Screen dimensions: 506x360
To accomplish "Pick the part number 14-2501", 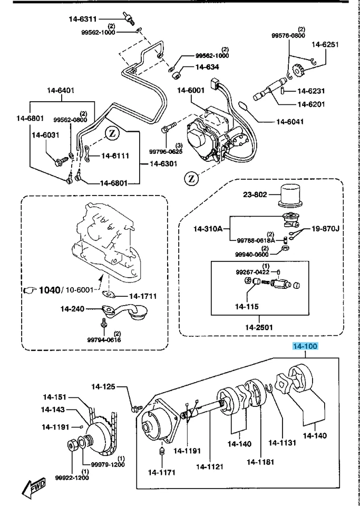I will click(259, 327).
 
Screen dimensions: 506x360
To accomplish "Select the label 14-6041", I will click(291, 122).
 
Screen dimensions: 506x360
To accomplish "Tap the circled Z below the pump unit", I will click(191, 179).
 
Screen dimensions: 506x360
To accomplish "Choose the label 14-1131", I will click(284, 442).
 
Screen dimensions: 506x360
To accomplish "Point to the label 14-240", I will click(73, 309).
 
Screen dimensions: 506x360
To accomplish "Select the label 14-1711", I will click(144, 297).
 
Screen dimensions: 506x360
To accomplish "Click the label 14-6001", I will click(190, 90).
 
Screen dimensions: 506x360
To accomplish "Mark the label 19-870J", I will click(324, 229).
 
